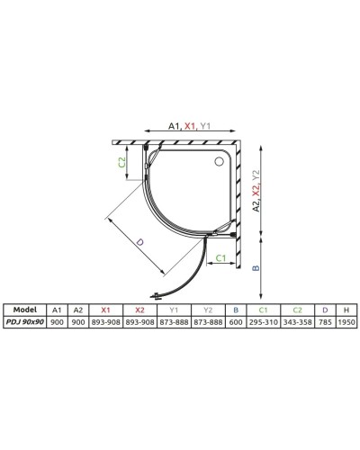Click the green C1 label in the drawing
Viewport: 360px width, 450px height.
point(220,258)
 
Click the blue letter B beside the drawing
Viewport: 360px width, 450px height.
point(258,267)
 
